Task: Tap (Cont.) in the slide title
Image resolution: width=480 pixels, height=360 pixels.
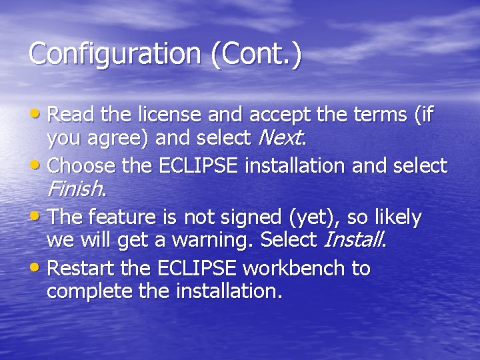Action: (x=256, y=54)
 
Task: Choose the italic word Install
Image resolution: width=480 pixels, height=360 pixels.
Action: (x=354, y=239)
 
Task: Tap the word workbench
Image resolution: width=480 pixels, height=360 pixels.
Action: (x=295, y=269)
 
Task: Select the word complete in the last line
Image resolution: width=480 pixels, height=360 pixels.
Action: (x=89, y=291)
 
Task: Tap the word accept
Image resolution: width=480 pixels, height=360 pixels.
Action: (x=271, y=115)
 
